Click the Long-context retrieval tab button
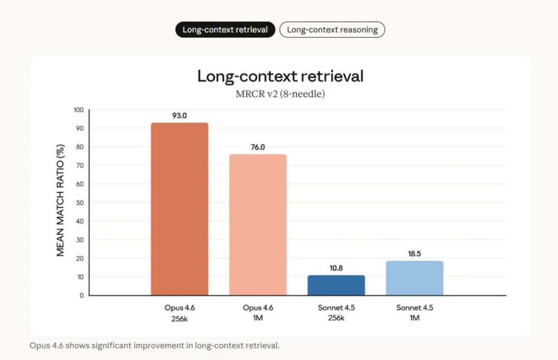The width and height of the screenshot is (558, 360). (225, 30)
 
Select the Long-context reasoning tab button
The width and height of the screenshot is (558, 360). (332, 30)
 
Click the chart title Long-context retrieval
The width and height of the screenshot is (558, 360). (280, 76)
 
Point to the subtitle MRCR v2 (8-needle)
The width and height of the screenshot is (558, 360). (280, 95)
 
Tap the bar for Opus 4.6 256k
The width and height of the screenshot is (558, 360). (179, 209)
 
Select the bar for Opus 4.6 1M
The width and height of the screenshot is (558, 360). (258, 225)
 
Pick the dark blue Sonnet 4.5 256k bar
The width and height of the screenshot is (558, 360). (336, 285)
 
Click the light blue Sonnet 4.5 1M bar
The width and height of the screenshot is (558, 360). (414, 278)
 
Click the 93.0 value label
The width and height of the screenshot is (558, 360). (179, 116)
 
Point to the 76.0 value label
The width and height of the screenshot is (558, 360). (258, 147)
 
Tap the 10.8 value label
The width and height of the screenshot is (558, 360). (336, 269)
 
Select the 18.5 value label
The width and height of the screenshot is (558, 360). (414, 254)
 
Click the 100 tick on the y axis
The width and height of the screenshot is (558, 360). (78, 110)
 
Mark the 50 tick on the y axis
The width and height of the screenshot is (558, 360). (79, 202)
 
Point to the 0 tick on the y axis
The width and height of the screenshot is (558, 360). (81, 295)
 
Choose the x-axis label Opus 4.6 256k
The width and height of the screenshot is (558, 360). (179, 312)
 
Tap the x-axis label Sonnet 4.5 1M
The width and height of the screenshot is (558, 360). (414, 312)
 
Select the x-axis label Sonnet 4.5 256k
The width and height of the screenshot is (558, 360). (336, 312)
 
